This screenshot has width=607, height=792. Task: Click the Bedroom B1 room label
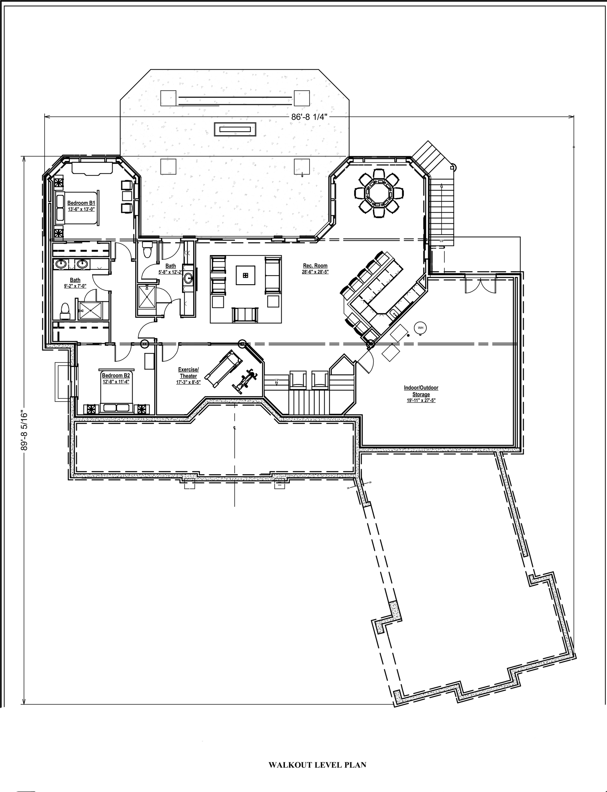click(81, 203)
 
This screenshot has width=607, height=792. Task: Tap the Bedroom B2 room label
click(116, 375)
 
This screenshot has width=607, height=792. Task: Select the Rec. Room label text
click(315, 266)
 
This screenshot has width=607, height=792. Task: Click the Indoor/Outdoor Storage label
click(421, 391)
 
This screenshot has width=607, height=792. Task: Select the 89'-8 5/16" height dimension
click(24, 430)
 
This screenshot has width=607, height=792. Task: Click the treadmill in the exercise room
click(223, 369)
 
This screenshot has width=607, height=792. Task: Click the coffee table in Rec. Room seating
click(245, 276)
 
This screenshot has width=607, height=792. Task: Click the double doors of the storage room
click(480, 284)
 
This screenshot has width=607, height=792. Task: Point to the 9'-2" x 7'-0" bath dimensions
click(75, 286)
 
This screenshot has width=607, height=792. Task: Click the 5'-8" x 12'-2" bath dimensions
click(170, 271)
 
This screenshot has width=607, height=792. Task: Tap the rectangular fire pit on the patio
click(235, 129)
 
